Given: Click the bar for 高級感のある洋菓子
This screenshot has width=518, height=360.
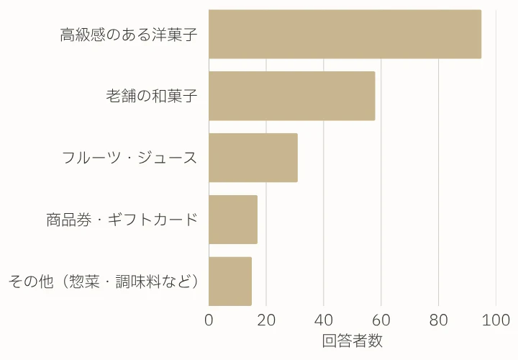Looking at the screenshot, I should pos(345,34).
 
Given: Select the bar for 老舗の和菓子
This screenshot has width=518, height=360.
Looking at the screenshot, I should pos(291,96).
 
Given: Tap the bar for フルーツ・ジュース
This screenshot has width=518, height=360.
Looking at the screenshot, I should pos(253,158).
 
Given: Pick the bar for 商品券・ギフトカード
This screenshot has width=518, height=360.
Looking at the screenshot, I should pos(232,220).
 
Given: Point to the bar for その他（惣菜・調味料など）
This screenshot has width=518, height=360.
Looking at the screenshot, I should pos(230,282).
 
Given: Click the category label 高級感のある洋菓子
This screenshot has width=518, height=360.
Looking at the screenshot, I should pos(129,35).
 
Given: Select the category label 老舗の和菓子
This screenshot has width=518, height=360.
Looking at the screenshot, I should pos(152,96).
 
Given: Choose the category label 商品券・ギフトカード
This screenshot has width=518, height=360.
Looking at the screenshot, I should pos(122,220).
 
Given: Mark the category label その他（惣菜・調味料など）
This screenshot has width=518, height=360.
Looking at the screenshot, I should pos(103,282).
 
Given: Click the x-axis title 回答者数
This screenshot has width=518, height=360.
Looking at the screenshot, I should pos(352,341).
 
